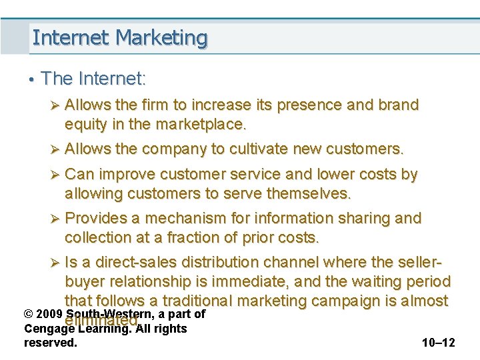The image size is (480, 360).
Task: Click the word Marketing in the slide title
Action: click(x=161, y=38)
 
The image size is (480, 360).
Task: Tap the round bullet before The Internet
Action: click(x=31, y=80)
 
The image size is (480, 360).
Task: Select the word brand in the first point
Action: click(x=398, y=105)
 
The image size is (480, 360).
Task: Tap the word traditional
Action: click(x=233, y=301)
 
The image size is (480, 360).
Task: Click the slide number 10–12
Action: click(x=438, y=343)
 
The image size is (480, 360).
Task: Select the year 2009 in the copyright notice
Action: click(x=49, y=314)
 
